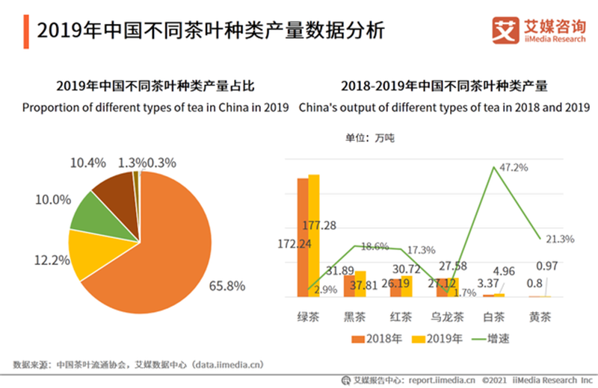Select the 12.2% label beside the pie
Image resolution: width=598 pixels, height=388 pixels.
52,260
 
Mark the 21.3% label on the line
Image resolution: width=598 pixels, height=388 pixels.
560,239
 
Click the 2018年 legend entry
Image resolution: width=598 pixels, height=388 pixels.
377,338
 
